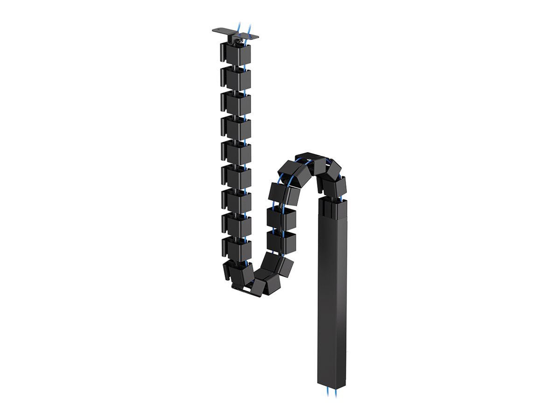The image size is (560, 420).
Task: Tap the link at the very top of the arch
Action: pos(308,158)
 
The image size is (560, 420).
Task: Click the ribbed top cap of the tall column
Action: pos(333,205)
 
